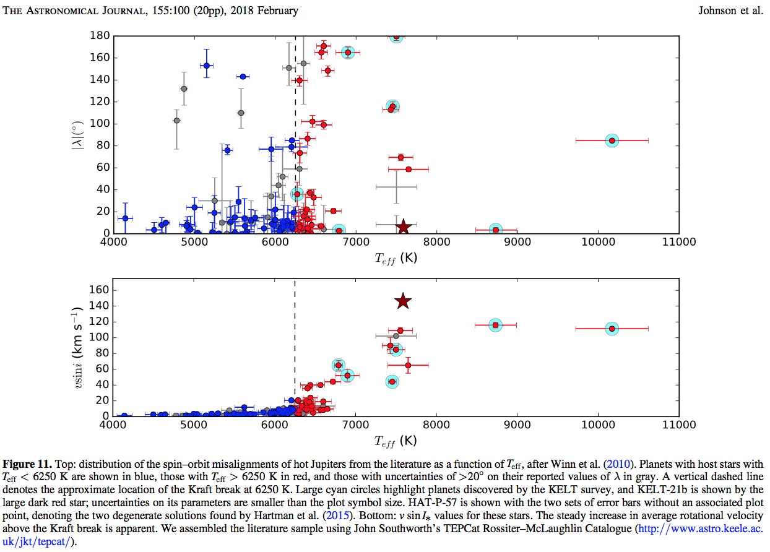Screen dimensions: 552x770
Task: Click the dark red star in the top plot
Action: (403, 226)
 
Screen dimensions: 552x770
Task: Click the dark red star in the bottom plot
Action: (403, 301)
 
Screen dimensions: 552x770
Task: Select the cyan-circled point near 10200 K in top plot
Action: (612, 140)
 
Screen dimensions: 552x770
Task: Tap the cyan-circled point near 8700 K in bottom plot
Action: (495, 325)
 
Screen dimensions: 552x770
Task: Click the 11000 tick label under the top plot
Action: (679, 242)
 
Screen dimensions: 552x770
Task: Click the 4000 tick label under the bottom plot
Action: (113, 425)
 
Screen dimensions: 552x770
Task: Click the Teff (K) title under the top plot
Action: (396, 257)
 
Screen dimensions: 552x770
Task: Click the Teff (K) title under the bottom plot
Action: (396, 441)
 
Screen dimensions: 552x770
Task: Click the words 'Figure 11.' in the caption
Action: (27, 464)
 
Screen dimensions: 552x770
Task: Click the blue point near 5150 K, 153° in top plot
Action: (206, 65)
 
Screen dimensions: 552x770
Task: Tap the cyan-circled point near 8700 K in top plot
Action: (495, 230)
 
